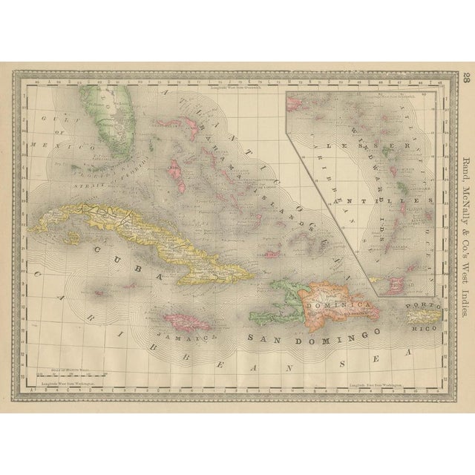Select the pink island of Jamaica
tap(185, 322)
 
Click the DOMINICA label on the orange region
tap(342, 305)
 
